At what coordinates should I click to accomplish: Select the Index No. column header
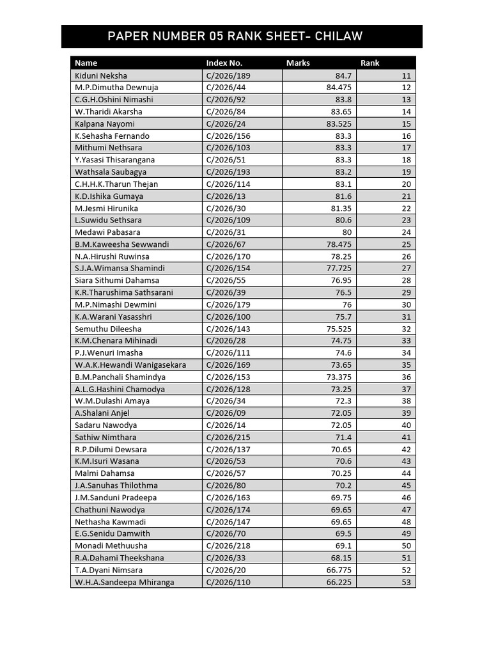pos(224,63)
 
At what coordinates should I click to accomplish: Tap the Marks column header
pos(298,63)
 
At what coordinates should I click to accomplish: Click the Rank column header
pos(370,63)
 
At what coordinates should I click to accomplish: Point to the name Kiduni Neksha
pos(101,75)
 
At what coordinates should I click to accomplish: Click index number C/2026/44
pos(226,87)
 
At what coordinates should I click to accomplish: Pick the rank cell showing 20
pos(406,184)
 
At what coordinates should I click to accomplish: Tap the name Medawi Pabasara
pos(107,232)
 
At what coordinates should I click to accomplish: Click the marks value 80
pos(347,232)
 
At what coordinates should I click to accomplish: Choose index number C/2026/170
pos(228,256)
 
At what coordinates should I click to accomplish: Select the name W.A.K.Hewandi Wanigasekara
pos(130,365)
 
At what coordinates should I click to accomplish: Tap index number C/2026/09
pos(226,413)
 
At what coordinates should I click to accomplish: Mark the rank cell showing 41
pos(406,437)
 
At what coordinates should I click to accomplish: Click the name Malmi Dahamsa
pos(105,473)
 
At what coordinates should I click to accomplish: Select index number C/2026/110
pos(228,582)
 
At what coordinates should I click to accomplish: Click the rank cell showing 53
pos(406,582)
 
